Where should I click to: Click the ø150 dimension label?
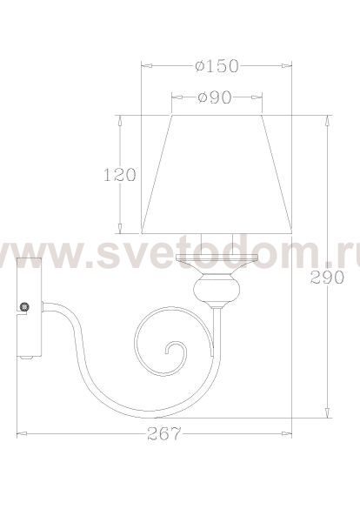(217, 66)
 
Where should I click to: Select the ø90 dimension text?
(215, 97)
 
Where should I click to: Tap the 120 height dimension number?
(120, 175)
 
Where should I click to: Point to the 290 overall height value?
(327, 278)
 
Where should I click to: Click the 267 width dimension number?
(164, 433)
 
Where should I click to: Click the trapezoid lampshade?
(217, 174)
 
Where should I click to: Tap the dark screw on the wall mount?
(24, 306)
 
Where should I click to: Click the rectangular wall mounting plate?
(30, 307)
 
